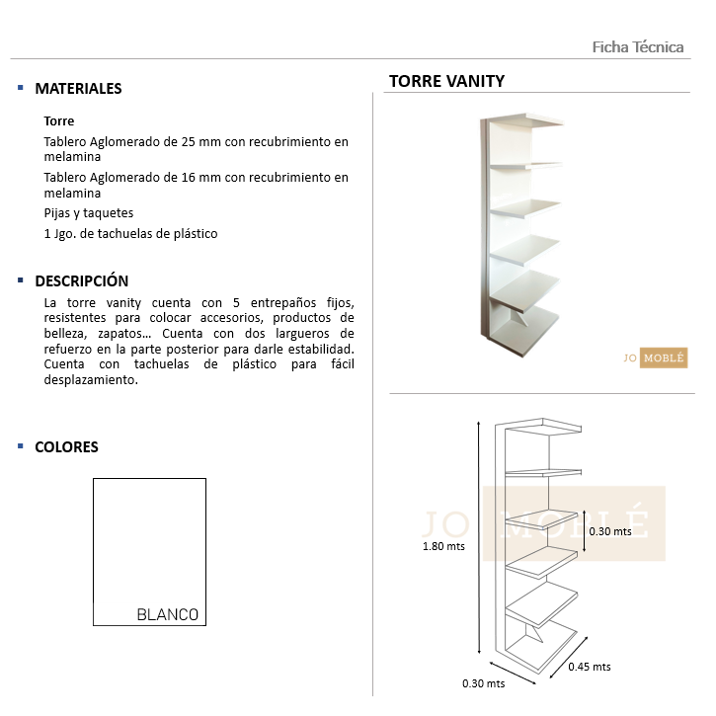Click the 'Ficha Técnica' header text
(637, 47)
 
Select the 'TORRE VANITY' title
(446, 81)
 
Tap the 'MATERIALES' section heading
(78, 88)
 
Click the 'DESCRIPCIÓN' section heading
(81, 280)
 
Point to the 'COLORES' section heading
(66, 446)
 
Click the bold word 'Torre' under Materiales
(59, 121)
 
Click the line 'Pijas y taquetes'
(88, 213)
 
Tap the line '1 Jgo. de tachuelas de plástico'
(130, 234)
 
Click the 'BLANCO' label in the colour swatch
(167, 614)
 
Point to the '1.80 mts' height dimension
(443, 546)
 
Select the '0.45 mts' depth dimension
(590, 667)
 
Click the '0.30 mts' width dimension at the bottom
(483, 682)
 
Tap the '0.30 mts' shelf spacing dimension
(609, 531)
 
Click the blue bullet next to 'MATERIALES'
(21, 88)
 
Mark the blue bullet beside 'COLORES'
(21, 446)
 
